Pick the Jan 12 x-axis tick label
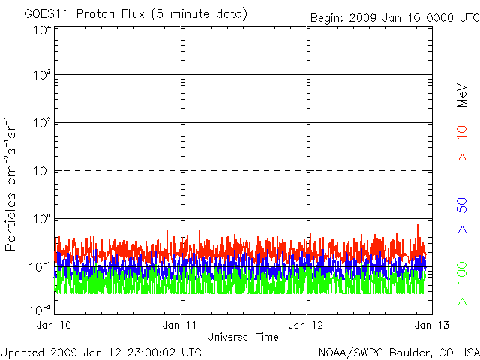(x=307, y=325)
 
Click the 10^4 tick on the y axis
(x=42, y=30)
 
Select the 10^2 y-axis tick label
(x=42, y=124)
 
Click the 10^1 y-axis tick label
(x=42, y=172)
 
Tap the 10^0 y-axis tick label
(x=42, y=219)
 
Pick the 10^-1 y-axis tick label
(x=40, y=266)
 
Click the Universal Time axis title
(x=243, y=337)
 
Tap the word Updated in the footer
(x=23, y=351)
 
